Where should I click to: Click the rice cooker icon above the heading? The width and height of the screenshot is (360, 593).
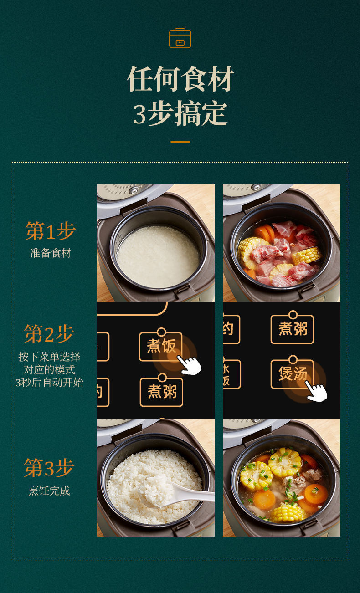180,38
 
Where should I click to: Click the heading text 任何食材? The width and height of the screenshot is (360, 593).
180,79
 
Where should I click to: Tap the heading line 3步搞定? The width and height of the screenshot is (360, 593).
180,113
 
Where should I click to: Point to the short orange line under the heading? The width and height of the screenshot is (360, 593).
180,142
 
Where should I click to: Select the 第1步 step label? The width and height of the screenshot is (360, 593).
50,231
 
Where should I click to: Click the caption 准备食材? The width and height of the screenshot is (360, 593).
51,253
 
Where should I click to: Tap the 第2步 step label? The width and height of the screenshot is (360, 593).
49,334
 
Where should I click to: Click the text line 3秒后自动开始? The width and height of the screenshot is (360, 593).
50,382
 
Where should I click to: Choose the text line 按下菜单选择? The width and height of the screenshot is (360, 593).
50,357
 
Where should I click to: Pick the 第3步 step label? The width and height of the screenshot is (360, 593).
49,468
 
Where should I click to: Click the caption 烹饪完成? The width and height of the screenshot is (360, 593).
50,491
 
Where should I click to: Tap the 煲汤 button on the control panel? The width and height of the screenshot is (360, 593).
292,374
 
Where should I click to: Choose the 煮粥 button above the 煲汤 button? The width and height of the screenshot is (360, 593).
292,329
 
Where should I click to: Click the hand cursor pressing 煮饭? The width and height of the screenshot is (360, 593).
190,365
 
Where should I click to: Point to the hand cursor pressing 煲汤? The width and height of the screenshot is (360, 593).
316,392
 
